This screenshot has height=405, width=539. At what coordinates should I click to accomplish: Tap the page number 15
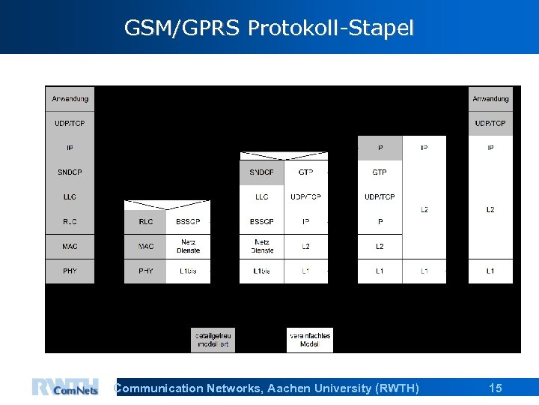tap(495, 388)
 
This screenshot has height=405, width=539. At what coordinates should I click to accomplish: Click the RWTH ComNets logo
tap(65, 387)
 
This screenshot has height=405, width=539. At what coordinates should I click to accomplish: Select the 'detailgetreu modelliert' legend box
tap(213, 340)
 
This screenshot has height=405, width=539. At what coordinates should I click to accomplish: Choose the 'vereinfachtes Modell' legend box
tap(309, 340)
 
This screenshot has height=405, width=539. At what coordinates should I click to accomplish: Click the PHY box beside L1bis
tap(146, 271)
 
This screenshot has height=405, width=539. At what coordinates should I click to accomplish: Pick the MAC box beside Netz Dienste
tap(146, 246)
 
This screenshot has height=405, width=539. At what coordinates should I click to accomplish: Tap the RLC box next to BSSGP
tap(146, 221)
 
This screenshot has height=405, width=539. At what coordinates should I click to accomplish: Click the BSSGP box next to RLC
tap(188, 221)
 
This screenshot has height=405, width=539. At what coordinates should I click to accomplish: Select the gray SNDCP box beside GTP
tap(261, 172)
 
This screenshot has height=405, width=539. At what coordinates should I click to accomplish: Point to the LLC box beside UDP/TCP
tap(261, 197)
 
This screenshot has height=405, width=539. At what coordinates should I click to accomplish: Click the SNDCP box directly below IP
tap(70, 172)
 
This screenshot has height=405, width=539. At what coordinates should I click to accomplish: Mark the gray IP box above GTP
tap(380, 148)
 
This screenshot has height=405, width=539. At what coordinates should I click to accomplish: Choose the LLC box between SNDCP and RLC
tap(70, 197)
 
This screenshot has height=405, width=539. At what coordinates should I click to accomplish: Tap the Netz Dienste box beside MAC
tap(188, 246)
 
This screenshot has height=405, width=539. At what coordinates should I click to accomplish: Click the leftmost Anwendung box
tap(70, 98)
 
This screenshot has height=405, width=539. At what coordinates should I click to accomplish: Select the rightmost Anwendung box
tap(490, 98)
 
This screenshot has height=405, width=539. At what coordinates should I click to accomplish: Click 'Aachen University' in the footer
tap(335, 388)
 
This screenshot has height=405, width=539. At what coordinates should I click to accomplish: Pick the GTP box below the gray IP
tap(380, 172)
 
